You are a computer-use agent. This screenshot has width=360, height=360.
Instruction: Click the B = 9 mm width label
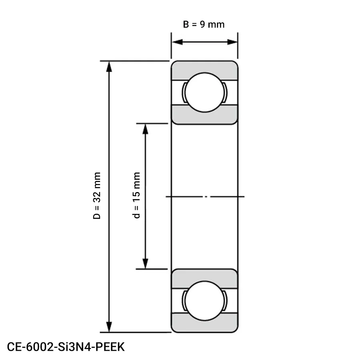(x=204, y=24)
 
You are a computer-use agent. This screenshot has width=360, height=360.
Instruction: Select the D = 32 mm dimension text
(x=97, y=196)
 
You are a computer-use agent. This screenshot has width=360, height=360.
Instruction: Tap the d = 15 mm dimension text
(x=137, y=196)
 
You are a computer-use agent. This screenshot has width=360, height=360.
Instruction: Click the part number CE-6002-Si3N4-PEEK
(x=66, y=346)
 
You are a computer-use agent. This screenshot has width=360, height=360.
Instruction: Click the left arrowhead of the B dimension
(x=176, y=42)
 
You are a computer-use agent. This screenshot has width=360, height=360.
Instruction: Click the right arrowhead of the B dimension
(x=233, y=42)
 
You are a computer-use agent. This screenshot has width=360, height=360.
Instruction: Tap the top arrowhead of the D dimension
(x=108, y=66)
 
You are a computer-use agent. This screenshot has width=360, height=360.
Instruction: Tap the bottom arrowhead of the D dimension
(x=108, y=327)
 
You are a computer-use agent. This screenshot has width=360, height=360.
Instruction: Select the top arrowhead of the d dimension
(x=146, y=128)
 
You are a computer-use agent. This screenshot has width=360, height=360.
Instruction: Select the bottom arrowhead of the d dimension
(x=146, y=264)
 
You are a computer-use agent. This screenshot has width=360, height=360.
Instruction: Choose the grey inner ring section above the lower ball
(x=204, y=276)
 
